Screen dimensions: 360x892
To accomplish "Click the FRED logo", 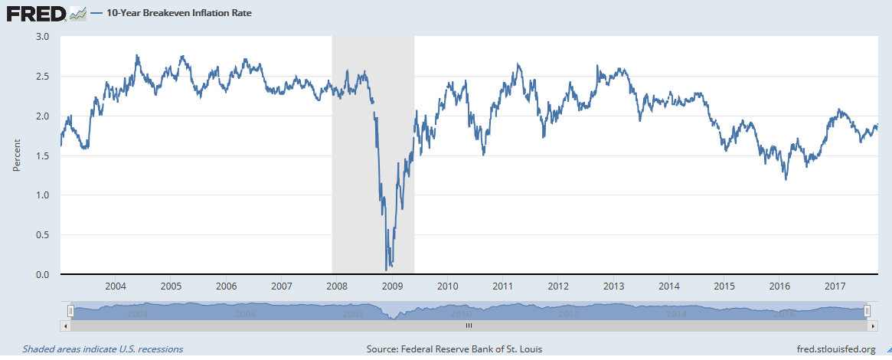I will tap(35, 13).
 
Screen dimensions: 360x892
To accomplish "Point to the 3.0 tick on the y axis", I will tap(42, 37).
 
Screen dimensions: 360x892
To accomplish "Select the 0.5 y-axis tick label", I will tap(42, 235).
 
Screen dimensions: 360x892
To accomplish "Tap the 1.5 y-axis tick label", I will tap(42, 155).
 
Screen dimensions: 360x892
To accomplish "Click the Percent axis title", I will tap(17, 155).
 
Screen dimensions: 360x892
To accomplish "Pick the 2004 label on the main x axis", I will tap(116, 286).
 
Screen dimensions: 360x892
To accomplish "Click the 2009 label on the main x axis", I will tap(392, 286).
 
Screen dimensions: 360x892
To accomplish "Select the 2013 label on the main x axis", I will tap(613, 286).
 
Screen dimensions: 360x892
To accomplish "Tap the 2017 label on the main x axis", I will tap(835, 286).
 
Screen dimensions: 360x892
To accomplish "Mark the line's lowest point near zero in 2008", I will tap(386, 270).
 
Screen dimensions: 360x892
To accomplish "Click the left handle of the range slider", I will tap(70, 310).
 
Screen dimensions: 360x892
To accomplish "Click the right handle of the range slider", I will tap(867, 310).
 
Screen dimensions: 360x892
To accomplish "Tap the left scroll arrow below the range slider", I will tap(65, 325).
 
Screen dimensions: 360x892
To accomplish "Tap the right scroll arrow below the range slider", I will tap(872, 325).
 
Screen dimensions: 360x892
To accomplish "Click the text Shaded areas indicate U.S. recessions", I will tap(103, 349).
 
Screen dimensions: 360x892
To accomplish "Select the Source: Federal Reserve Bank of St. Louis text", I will tap(454, 349).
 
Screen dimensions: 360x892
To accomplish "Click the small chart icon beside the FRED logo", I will tap(77, 13).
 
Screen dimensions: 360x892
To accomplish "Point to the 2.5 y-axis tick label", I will tap(42, 77).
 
